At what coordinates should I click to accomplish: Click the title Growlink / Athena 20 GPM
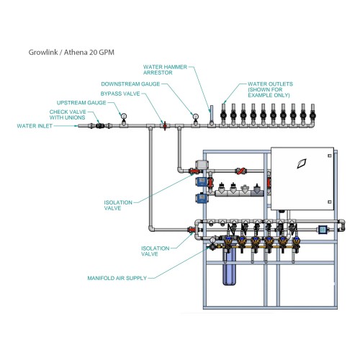click(71, 53)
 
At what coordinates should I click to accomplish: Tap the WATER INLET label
click(35, 126)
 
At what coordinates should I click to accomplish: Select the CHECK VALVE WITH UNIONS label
click(68, 114)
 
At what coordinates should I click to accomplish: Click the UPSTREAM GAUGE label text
click(81, 103)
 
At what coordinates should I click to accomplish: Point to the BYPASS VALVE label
click(120, 94)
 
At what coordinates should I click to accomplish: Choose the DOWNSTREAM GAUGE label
click(130, 84)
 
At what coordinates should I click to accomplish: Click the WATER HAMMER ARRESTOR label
click(165, 70)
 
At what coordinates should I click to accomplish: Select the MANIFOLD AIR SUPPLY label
click(117, 278)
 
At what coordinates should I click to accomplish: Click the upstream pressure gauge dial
click(124, 116)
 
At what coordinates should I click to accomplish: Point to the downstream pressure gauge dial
click(196, 117)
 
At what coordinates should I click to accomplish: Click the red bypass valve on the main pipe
click(165, 125)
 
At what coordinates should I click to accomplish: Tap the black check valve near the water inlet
click(100, 125)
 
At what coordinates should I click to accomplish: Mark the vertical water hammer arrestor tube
click(212, 114)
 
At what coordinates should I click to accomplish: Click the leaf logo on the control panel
click(302, 163)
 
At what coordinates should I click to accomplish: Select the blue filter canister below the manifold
click(229, 267)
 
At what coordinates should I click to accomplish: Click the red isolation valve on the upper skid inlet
click(194, 171)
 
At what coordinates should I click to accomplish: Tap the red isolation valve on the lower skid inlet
click(192, 230)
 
